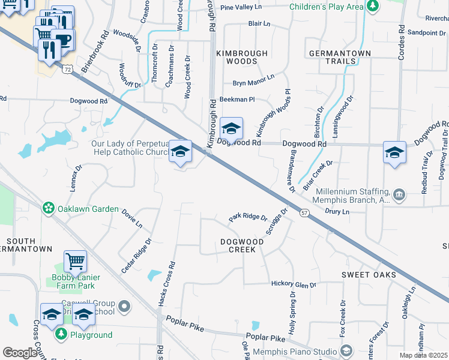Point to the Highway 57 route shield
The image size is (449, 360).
(305, 214)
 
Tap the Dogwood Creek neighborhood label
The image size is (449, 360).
(242, 245)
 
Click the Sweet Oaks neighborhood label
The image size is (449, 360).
(369, 275)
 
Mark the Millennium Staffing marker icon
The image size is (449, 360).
(399, 194)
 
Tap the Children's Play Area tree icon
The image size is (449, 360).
(373, 7)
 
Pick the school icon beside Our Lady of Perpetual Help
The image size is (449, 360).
(180, 151)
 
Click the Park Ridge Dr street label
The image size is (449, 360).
(247, 217)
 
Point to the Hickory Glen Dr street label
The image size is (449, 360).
(294, 284)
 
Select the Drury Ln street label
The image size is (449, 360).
(337, 212)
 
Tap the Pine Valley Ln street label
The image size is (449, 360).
(241, 8)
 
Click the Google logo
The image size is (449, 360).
(20, 353)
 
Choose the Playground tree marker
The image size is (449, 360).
(60, 334)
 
